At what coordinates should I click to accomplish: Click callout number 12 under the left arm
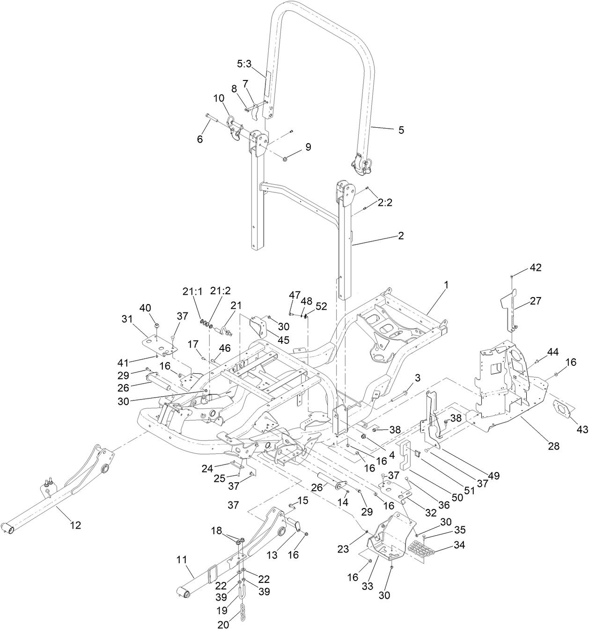click(x=75, y=525)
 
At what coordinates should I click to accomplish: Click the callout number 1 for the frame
click(x=446, y=284)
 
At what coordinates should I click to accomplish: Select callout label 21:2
click(x=221, y=291)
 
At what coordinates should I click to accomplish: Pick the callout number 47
click(x=294, y=295)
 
